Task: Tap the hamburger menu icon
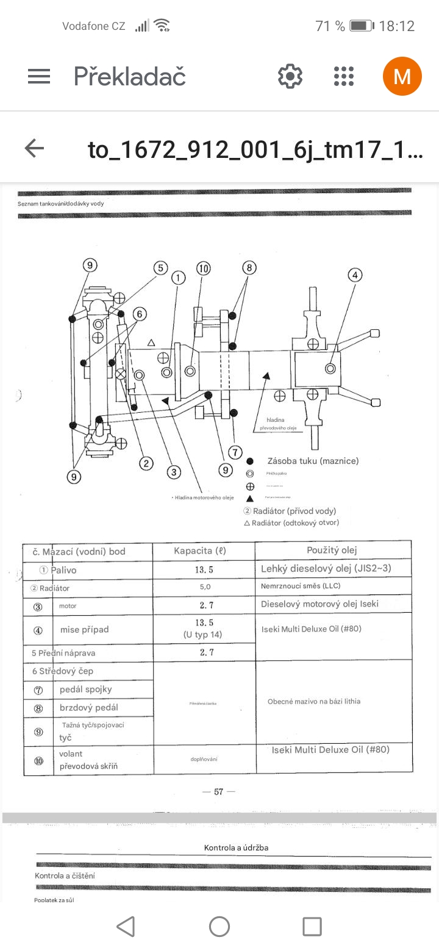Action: tap(39, 76)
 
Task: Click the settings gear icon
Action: tap(290, 76)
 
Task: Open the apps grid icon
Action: tap(344, 76)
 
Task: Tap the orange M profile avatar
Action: tap(402, 76)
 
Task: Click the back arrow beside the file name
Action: tap(34, 148)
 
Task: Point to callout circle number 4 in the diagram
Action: tap(355, 275)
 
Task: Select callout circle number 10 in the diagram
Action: tap(203, 268)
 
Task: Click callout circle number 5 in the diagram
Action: tap(160, 268)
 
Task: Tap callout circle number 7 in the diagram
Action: tap(235, 452)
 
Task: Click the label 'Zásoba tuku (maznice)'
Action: tap(313, 461)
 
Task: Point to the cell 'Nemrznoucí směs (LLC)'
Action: tap(300, 586)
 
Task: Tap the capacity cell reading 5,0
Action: tap(204, 587)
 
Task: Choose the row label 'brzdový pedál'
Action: tap(89, 708)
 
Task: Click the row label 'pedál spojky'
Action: tap(86, 689)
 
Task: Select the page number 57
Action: tap(218, 792)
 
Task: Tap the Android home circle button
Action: tap(220, 927)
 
